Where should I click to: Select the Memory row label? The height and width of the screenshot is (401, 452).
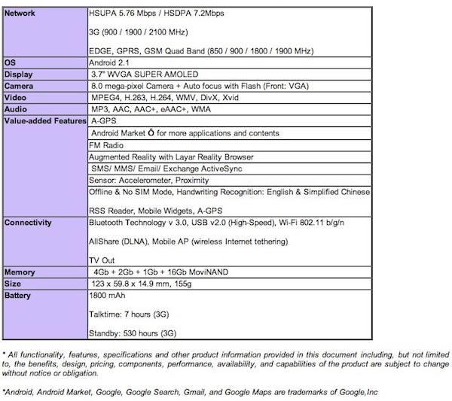[22, 271]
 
